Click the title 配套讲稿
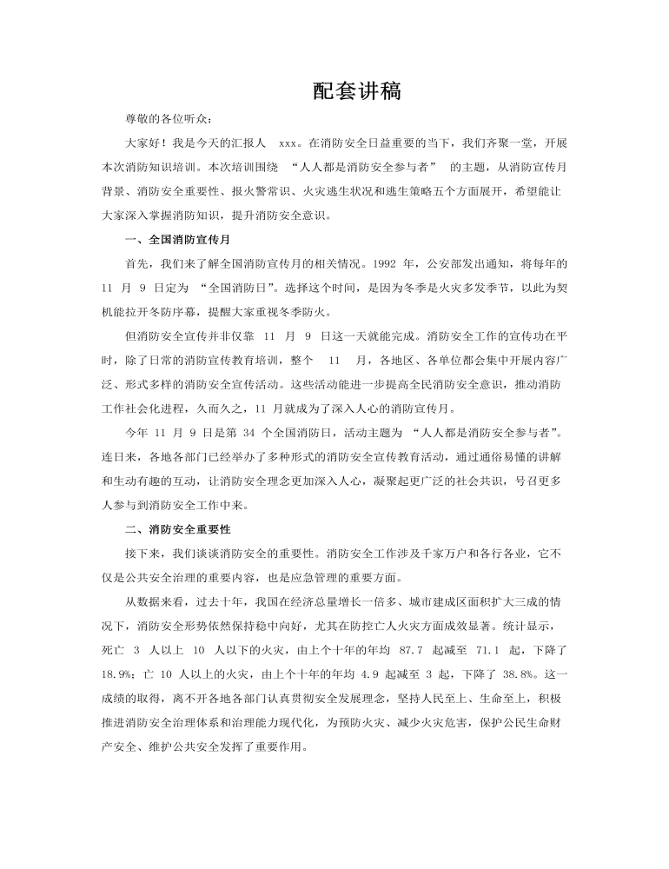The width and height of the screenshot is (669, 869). (x=356, y=92)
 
